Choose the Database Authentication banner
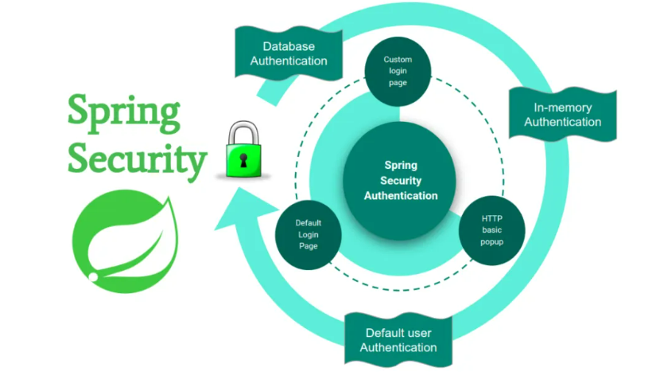click(x=289, y=53)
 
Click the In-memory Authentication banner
click(x=562, y=115)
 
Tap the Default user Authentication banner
click(x=398, y=339)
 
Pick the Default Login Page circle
click(x=308, y=234)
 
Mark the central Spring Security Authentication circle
click(x=400, y=180)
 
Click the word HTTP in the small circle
click(x=492, y=217)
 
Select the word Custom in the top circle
click(x=398, y=60)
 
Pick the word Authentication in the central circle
click(x=401, y=195)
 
